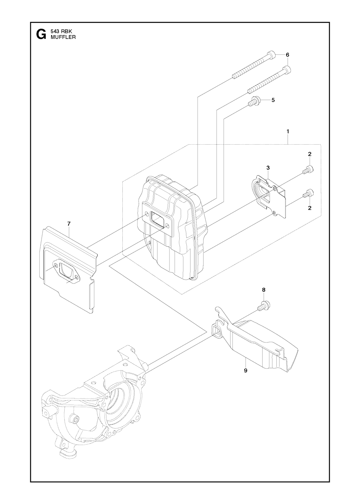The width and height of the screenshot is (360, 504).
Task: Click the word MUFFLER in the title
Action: coord(63,37)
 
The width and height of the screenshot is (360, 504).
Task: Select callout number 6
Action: coord(287,55)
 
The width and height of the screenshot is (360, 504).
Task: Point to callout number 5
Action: coord(273,100)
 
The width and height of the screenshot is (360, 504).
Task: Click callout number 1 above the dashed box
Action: coord(288,131)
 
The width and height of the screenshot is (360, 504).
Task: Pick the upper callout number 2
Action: coord(310,154)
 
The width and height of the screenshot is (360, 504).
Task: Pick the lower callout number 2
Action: coord(310,208)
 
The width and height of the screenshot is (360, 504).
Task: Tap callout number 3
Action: coord(268,168)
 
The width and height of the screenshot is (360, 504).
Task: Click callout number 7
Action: coord(69,224)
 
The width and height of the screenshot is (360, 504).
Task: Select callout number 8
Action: coord(264,290)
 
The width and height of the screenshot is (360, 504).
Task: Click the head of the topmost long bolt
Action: coord(271,55)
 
